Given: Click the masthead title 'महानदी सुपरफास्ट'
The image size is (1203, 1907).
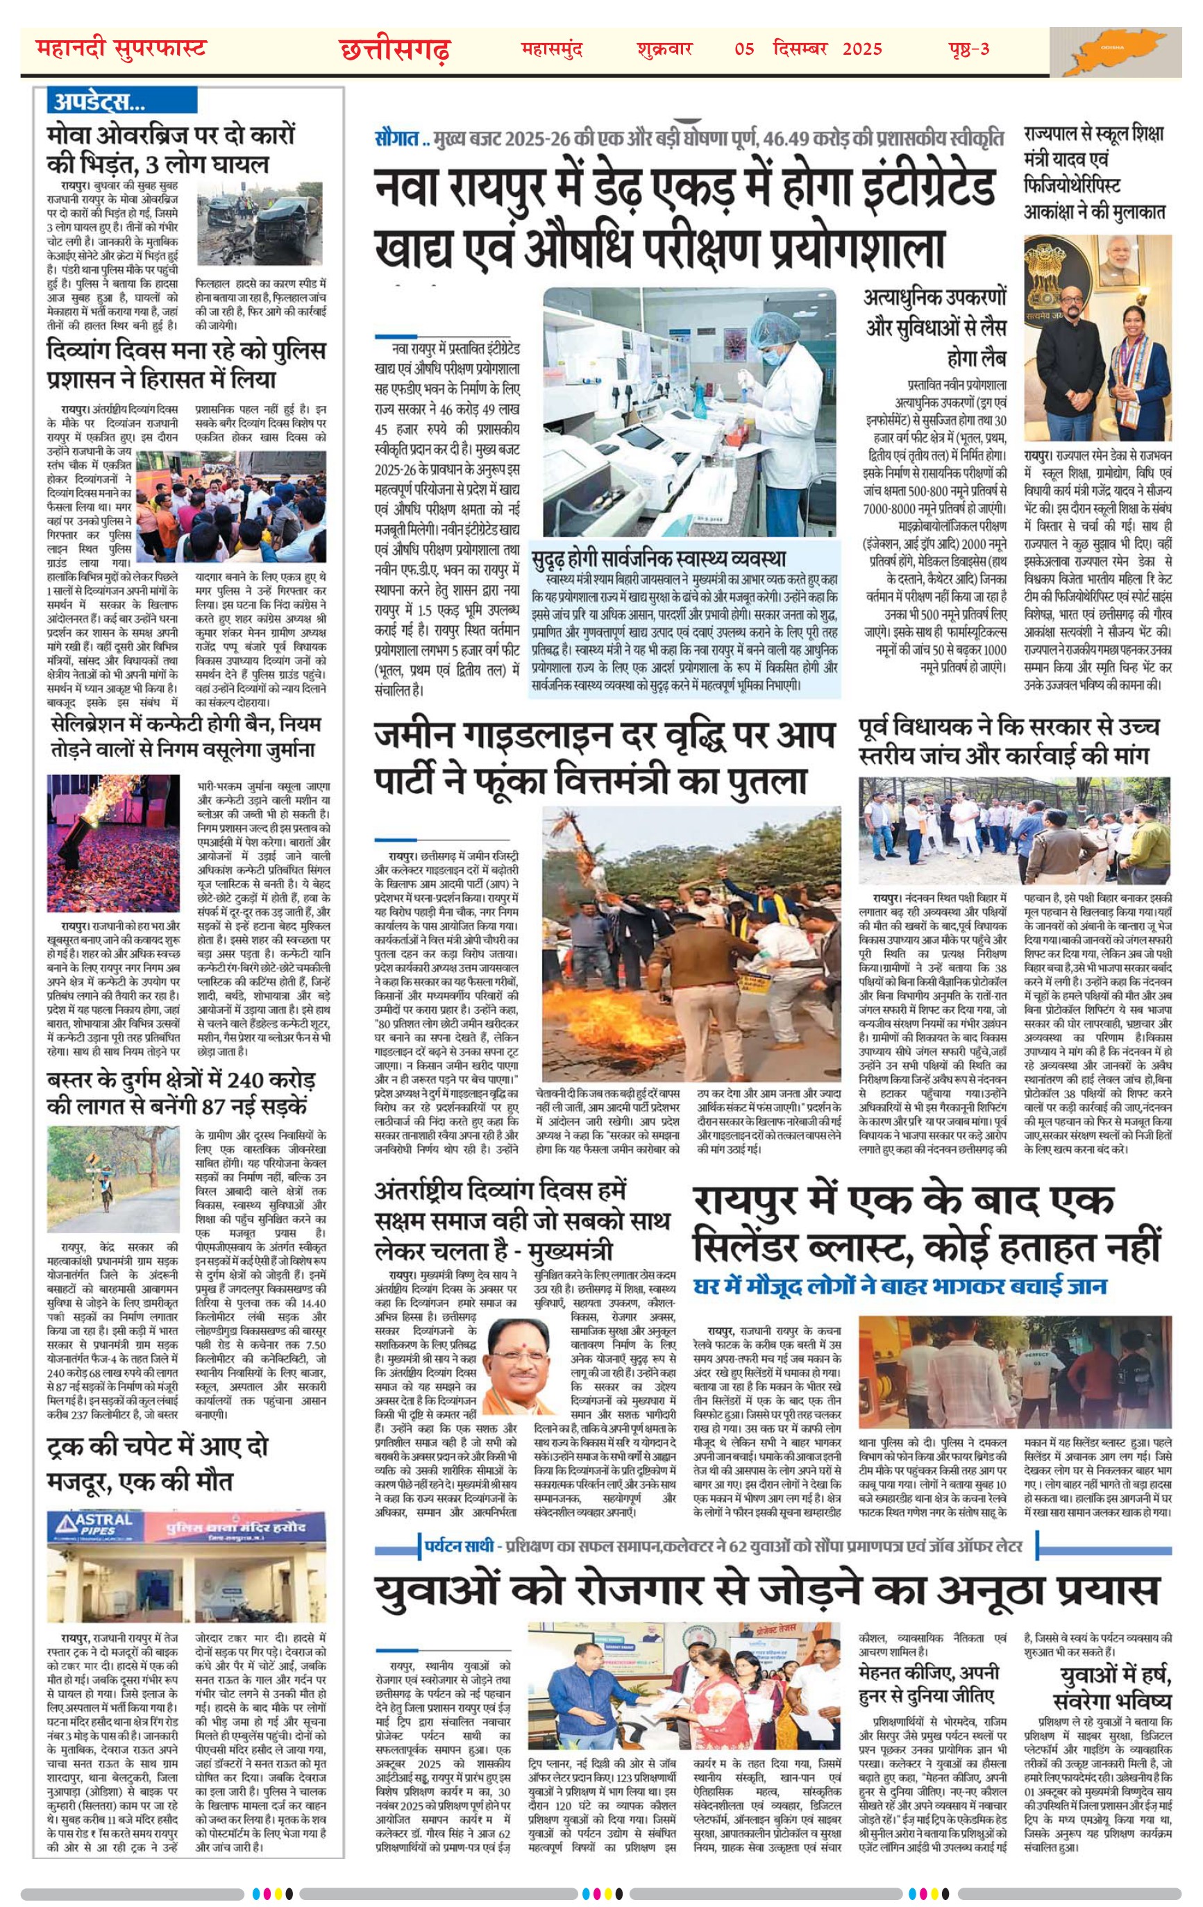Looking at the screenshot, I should coord(121,49).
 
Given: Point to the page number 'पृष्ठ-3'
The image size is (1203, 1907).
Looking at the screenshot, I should coord(968,49).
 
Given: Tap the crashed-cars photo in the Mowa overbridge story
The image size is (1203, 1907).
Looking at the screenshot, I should coord(260,224).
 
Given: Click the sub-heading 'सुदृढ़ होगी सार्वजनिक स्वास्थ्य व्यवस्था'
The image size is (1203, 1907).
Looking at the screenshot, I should coord(658,556).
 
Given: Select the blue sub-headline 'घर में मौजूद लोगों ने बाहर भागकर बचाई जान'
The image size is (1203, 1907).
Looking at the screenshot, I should coord(899,1286).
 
